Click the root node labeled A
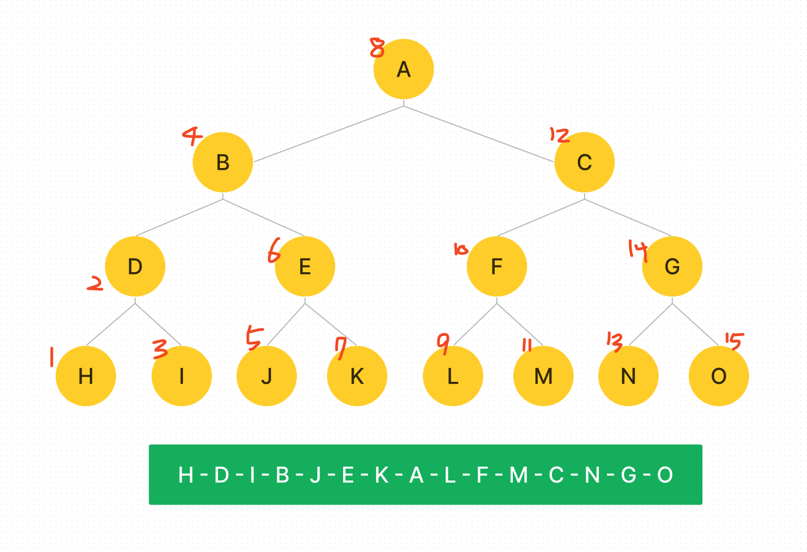403,69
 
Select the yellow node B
223,163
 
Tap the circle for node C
584,163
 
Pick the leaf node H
86,376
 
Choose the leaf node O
718,376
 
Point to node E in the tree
305,267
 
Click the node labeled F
496,267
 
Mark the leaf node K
357,376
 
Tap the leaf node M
543,376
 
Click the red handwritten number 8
377,48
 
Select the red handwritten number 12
559,135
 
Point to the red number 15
734,341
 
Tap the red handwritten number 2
95,284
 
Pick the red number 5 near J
254,338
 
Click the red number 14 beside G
637,249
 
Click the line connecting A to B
329,134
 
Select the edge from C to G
628,217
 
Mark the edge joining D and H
111,324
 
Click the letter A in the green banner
416,475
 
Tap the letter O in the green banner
665,475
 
